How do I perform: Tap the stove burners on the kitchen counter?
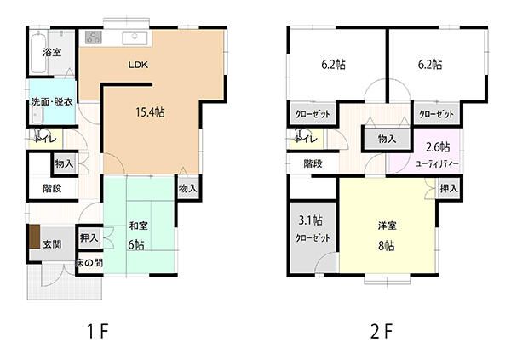(93, 38)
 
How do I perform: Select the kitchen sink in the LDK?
(135, 38)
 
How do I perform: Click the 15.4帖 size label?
(149, 111)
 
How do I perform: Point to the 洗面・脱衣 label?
(51, 102)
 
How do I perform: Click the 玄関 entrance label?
(52, 243)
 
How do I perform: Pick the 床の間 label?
(89, 262)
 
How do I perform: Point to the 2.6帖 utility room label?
(438, 146)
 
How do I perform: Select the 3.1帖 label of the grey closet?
(311, 220)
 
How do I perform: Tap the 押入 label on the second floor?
(449, 188)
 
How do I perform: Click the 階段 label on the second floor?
(313, 163)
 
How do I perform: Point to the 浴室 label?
(52, 53)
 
